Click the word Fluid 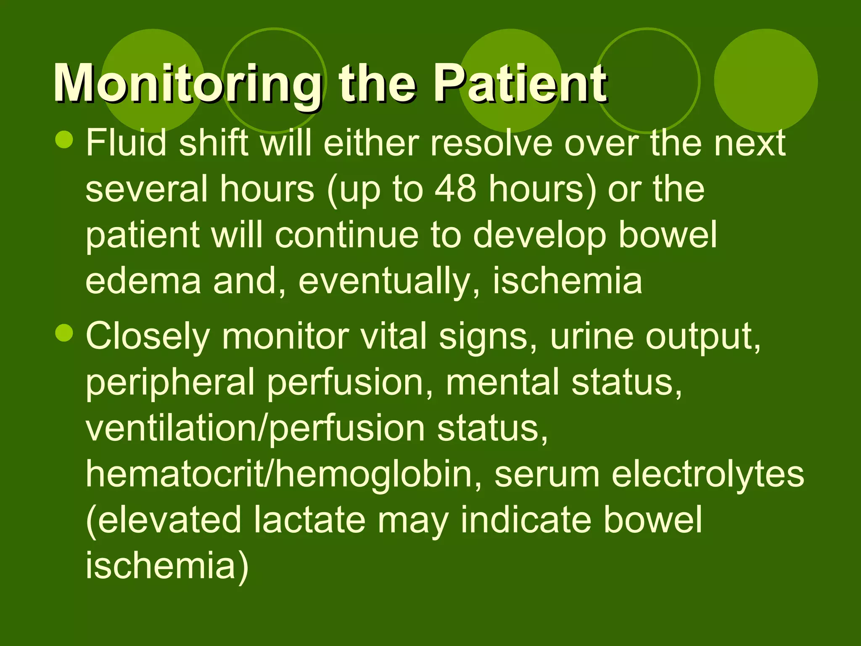coord(126,143)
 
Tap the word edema coord(143,281)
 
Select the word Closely coord(148,336)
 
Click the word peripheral coord(170,383)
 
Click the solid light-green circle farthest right coord(766,81)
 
